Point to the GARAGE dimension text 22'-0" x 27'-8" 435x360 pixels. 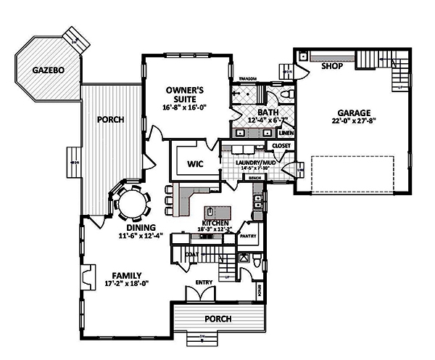pyautogui.click(x=353, y=123)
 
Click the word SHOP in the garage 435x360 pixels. pyautogui.click(x=332, y=66)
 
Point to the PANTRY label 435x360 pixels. pyautogui.click(x=248, y=236)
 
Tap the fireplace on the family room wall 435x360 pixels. pyautogui.click(x=86, y=277)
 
